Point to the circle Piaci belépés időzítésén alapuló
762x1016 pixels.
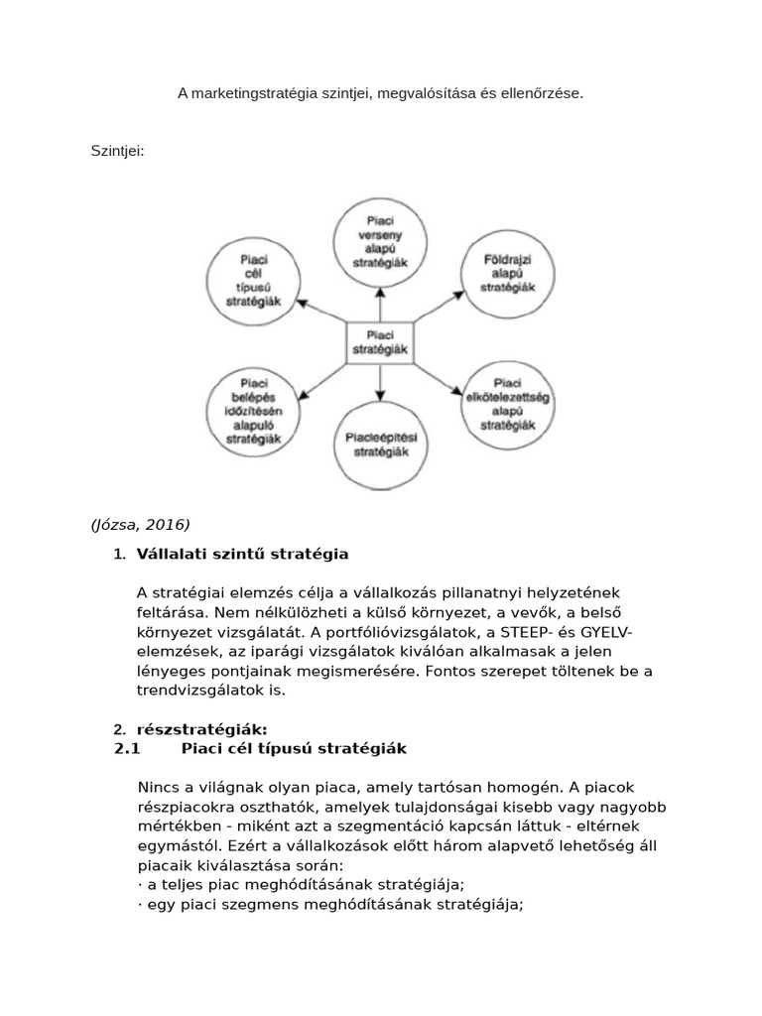coord(252,408)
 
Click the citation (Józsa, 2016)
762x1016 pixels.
coord(140,525)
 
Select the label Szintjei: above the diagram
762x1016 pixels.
coord(118,152)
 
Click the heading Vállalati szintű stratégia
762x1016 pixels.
coord(243,553)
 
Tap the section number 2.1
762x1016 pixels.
coord(129,748)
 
